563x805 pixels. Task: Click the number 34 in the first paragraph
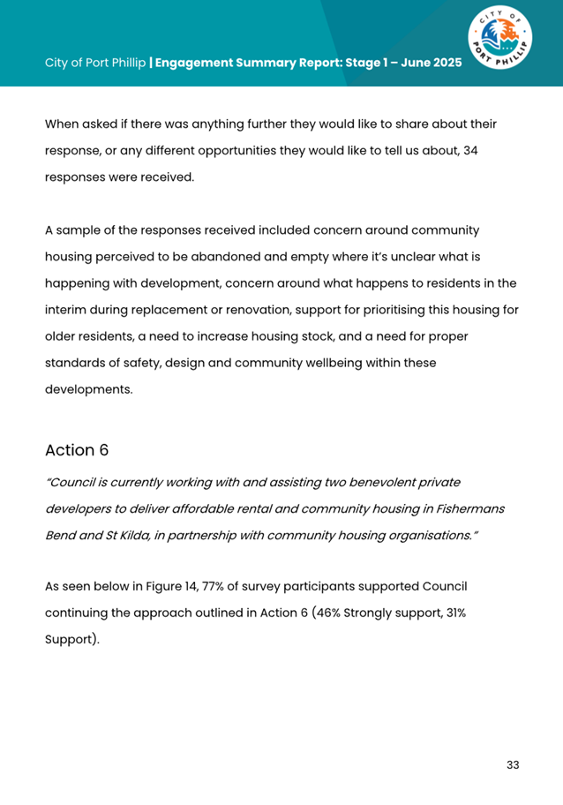[x=470, y=151]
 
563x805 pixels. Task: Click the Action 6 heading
[x=77, y=450]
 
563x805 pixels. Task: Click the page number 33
[x=512, y=764]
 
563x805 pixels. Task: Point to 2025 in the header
[x=445, y=64]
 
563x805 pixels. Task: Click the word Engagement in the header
[x=196, y=64]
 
